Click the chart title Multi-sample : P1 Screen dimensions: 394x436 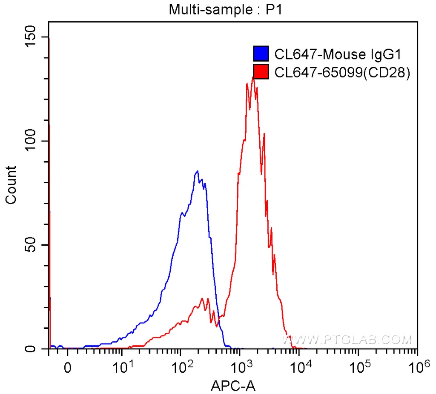pos(226,9)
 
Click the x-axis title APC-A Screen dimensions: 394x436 pos(233,385)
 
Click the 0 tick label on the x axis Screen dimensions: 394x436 pos(67,366)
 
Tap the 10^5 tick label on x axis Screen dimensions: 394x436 pos(358,365)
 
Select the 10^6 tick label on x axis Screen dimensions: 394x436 pos(417,365)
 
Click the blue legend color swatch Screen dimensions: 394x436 pos(261,54)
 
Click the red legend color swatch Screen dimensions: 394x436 pos(261,72)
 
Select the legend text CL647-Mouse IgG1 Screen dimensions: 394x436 pos(338,54)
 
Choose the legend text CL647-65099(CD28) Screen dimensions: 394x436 pos(342,72)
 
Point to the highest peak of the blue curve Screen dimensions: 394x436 pos(197,171)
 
